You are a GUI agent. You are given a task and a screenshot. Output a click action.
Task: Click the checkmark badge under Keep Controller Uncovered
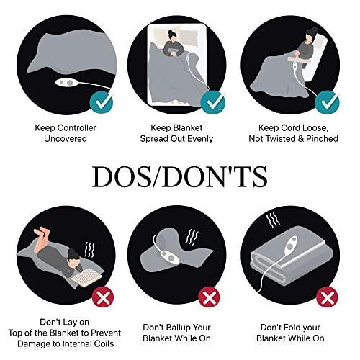click(x=102, y=103)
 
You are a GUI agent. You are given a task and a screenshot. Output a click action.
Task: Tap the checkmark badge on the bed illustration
click(x=212, y=102)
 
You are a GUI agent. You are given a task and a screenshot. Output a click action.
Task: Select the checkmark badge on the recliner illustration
click(x=327, y=102)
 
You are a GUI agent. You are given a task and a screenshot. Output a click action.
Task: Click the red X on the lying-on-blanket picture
click(x=103, y=297)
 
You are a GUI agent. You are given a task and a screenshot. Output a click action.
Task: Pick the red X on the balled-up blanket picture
click(x=209, y=297)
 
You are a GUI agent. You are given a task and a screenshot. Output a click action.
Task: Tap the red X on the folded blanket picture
click(x=327, y=297)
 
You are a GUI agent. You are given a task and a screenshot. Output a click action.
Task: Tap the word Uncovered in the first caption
click(x=66, y=139)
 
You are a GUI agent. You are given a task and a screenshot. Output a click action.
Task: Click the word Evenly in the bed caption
click(x=200, y=139)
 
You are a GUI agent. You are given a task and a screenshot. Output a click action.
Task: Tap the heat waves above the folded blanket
click(x=273, y=220)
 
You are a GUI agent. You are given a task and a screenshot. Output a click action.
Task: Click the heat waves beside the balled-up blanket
click(x=192, y=237)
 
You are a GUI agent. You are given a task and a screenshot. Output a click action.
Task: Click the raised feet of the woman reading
click(x=42, y=233)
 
